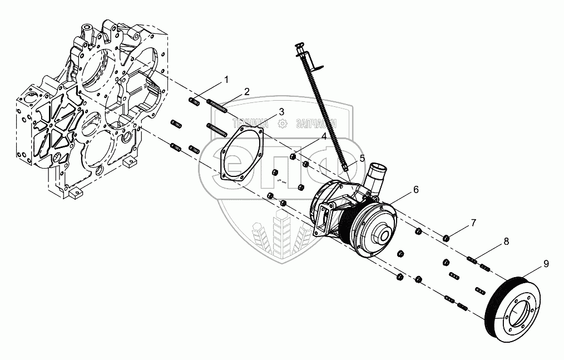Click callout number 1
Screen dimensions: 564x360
click(x=226, y=80)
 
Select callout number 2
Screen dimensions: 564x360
click(x=246, y=91)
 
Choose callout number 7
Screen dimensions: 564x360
click(x=473, y=223)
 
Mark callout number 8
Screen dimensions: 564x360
click(x=506, y=242)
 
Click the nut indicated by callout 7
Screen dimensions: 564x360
click(x=446, y=239)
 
